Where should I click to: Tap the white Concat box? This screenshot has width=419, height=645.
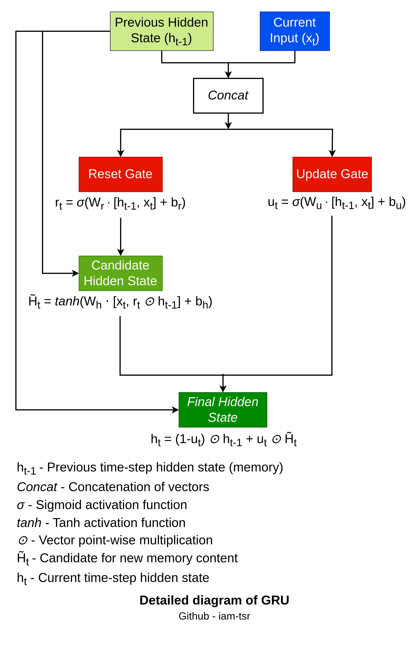[x=228, y=95]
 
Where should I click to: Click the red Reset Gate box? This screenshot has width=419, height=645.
[x=120, y=174]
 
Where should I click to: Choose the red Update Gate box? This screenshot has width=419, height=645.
[x=332, y=174]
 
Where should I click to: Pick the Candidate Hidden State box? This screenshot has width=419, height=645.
[x=120, y=273]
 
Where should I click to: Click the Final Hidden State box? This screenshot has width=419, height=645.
[x=223, y=410]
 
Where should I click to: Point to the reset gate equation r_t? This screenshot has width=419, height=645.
[x=120, y=203]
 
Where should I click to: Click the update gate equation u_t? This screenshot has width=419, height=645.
[x=336, y=202]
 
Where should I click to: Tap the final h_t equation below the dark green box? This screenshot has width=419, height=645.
[x=223, y=439]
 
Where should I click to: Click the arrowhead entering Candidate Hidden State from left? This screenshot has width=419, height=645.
[x=75, y=273]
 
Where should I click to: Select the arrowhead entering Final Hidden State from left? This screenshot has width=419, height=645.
[x=176, y=410]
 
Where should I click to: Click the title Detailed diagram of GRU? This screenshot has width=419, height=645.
[x=214, y=600]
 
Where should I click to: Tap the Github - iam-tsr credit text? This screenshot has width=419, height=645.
[x=214, y=616]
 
